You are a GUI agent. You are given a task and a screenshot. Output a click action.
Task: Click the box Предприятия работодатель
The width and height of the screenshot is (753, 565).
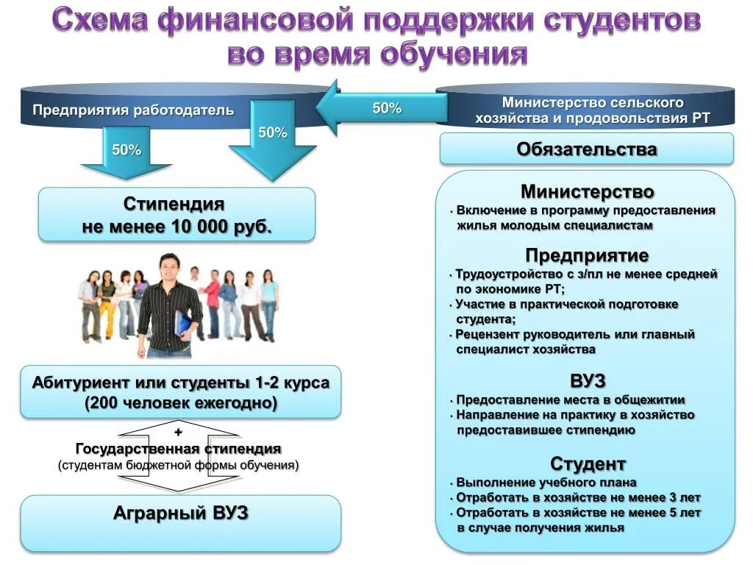pos(133,111)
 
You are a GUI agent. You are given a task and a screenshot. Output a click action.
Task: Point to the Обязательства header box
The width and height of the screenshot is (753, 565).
pos(586,149)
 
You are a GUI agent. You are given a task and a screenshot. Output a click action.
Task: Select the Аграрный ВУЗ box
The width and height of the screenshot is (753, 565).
pos(180,514)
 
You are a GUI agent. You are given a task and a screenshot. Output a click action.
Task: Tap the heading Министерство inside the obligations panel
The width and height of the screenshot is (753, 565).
pos(587,193)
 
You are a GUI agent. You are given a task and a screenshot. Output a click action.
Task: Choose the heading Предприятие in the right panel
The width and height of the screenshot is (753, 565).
pos(587,255)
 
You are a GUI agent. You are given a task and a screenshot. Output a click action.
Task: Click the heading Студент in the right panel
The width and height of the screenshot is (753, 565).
pos(588,464)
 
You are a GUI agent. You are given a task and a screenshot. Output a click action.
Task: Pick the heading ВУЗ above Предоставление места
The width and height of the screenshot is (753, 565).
pos(588,381)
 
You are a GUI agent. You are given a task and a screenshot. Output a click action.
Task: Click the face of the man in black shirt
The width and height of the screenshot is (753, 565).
pos(170,268)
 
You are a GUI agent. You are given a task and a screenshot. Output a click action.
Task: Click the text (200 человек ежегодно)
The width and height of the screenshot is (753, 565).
pos(181,403)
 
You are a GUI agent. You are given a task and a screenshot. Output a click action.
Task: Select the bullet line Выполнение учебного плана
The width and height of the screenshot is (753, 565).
pos(546,483)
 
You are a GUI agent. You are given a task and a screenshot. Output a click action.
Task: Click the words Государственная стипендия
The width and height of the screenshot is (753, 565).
pos(179,449)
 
